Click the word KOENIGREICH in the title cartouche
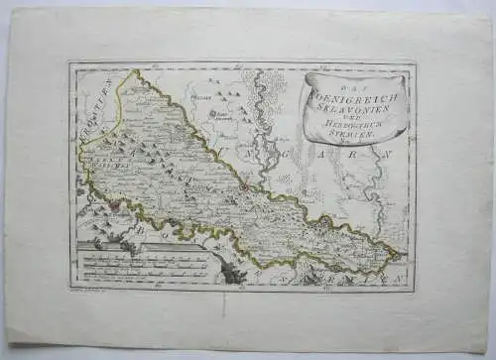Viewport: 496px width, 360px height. point(354,97)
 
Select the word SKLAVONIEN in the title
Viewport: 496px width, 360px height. point(355,109)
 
